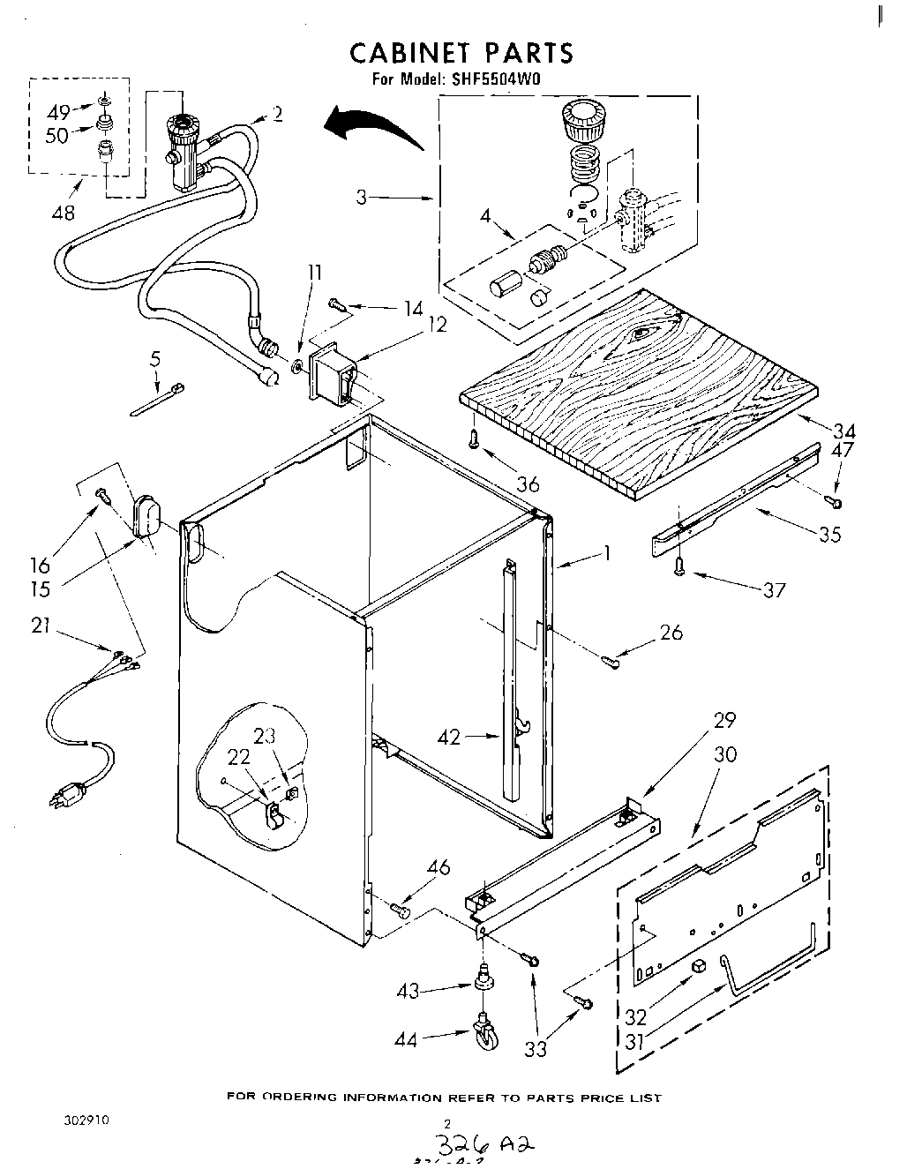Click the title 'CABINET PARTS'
coord(461,52)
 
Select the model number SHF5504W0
coord(496,79)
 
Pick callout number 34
coord(844,431)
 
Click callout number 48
coord(64,212)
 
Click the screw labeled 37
coord(679,567)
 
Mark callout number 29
coord(724,720)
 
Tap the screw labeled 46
coord(401,908)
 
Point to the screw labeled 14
coord(337,304)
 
